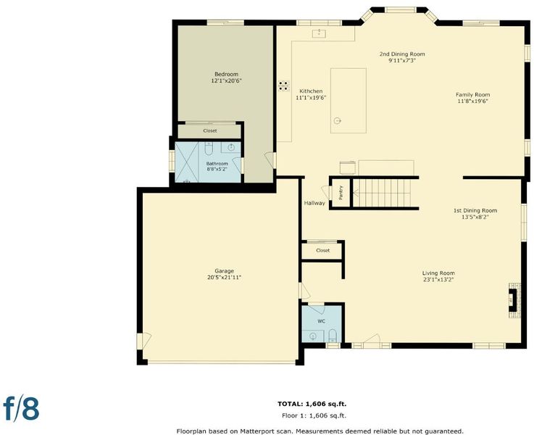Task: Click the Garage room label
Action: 225,271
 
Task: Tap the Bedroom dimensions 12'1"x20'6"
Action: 227,81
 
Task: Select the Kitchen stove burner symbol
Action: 284,86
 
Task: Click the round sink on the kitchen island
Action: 337,120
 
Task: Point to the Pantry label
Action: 341,193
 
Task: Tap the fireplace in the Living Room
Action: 514,300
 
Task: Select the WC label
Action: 322,321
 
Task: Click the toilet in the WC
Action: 333,336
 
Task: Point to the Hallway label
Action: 314,203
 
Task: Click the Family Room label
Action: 472,95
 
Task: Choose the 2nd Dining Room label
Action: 402,54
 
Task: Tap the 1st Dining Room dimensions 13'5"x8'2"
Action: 475,217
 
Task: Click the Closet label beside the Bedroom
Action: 210,130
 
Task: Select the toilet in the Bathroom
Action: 209,149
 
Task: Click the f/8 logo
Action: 21,407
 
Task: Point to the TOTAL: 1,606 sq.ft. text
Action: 312,404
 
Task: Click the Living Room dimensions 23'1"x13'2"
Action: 438,280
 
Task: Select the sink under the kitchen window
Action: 320,33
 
